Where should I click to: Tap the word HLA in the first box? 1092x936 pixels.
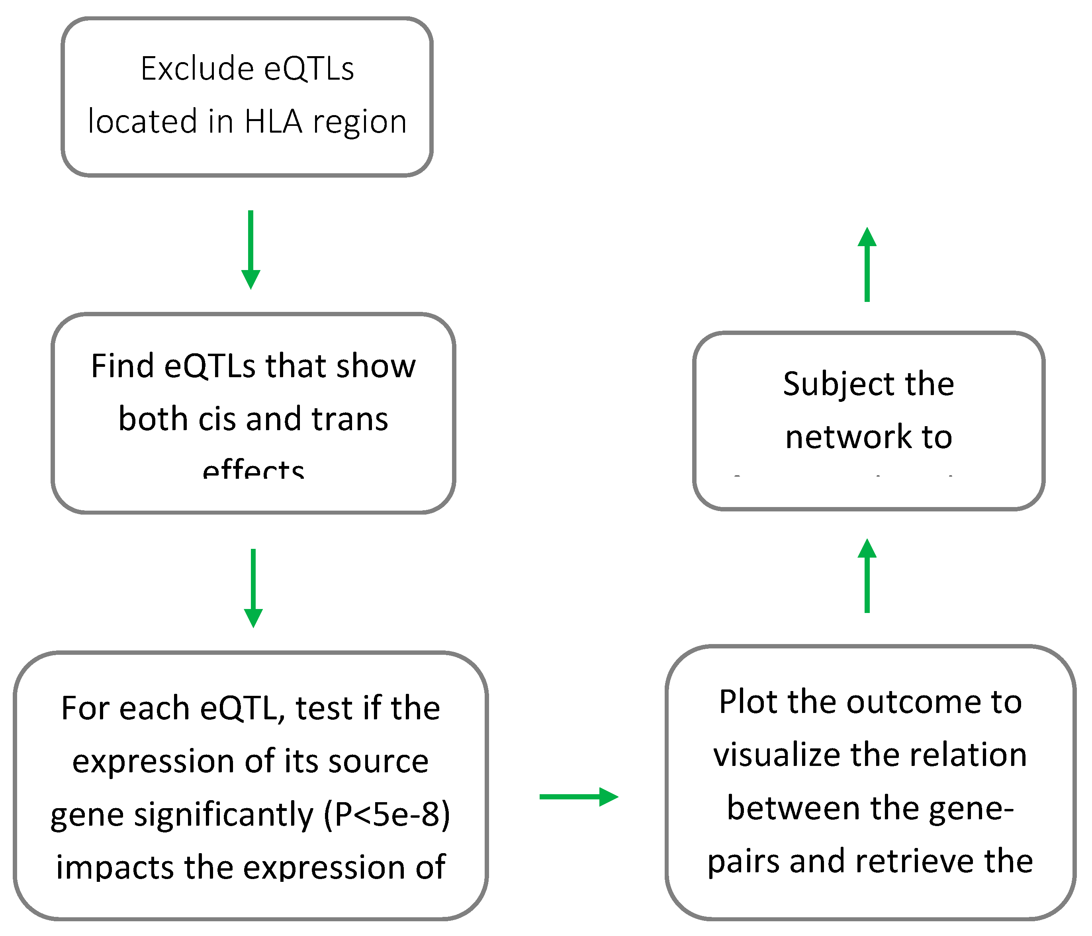(273, 122)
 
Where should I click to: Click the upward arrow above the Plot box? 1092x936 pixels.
(867, 576)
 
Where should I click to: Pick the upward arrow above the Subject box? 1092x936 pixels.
(867, 264)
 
